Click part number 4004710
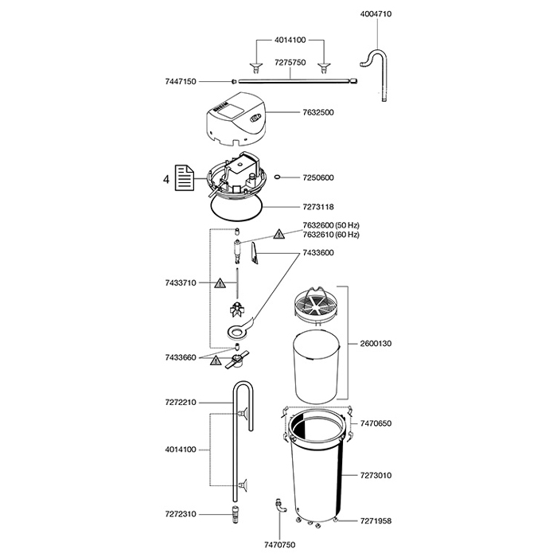pos(376,14)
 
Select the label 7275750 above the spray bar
pos(290,63)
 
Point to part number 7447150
pos(181,82)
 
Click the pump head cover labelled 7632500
pos(236,119)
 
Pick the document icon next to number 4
pos(185,177)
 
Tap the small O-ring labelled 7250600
pos(278,177)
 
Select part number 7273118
pos(318,207)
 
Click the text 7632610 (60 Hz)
pos(331,235)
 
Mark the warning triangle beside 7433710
pos(220,283)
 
